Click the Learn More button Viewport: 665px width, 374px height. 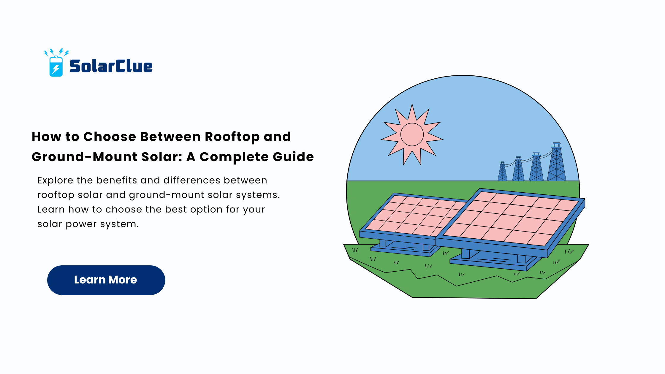click(106, 280)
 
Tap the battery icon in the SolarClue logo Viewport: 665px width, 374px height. click(56, 66)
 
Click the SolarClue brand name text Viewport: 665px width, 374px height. click(111, 66)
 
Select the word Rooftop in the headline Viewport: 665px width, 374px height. click(232, 137)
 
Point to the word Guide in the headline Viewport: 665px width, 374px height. click(293, 157)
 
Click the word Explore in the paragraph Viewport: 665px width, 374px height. click(55, 180)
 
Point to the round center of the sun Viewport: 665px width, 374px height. click(412, 134)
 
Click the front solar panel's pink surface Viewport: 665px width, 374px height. click(511, 218)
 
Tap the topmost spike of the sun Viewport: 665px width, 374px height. click(412, 104)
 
